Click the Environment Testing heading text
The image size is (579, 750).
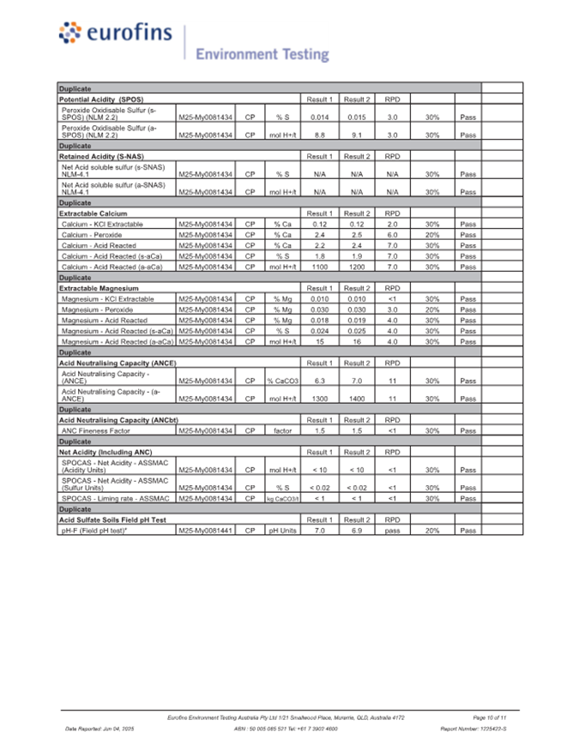pyautogui.click(x=262, y=55)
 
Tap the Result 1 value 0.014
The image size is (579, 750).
pyautogui.click(x=320, y=117)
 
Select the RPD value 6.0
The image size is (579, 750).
pyautogui.click(x=392, y=234)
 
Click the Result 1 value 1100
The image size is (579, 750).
pyautogui.click(x=320, y=267)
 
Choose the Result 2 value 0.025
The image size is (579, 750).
pyautogui.click(x=357, y=331)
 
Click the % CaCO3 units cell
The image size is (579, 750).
pyautogui.click(x=282, y=381)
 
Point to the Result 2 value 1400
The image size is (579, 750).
pyautogui.click(x=357, y=399)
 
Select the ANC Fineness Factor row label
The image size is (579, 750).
pyautogui.click(x=96, y=430)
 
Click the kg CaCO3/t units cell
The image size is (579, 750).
pyautogui.click(x=282, y=498)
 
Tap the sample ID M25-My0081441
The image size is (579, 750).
pyautogui.click(x=206, y=531)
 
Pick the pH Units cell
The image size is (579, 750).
pyautogui.click(x=282, y=531)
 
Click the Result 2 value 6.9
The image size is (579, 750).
pyautogui.click(x=357, y=531)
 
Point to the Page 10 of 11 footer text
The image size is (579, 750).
pyautogui.click(x=490, y=716)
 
